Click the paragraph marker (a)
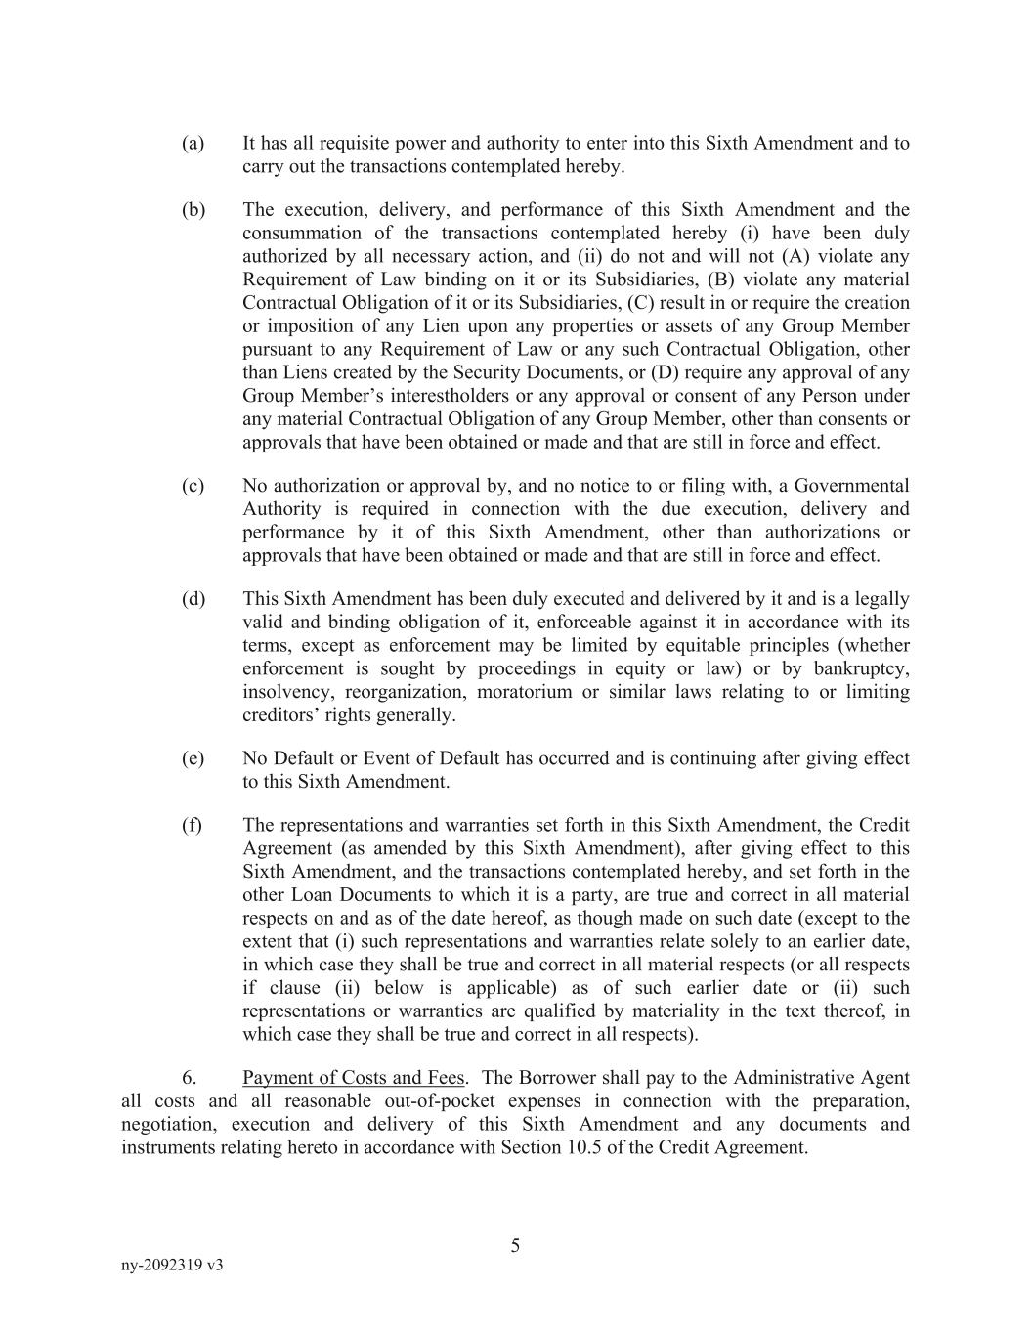(193, 144)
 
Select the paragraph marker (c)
(193, 486)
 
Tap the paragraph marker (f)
(192, 825)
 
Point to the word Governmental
(851, 486)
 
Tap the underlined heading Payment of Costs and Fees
(353, 1078)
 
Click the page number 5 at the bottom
(515, 1245)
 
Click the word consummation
(302, 233)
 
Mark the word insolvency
(282, 692)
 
